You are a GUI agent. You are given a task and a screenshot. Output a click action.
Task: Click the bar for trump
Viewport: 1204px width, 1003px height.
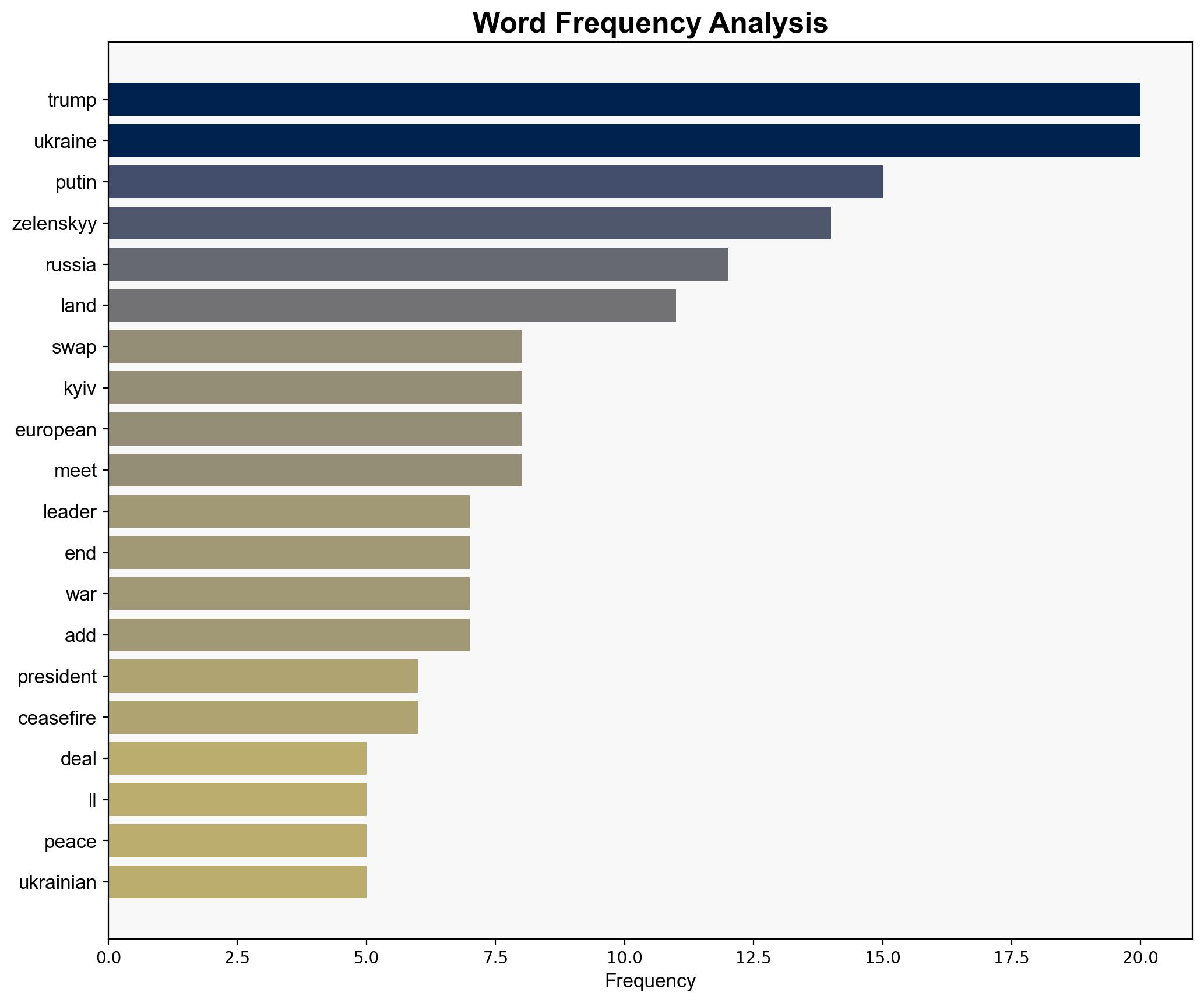pyautogui.click(x=624, y=100)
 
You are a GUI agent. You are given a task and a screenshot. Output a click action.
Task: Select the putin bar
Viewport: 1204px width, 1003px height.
pyautogui.click(x=495, y=182)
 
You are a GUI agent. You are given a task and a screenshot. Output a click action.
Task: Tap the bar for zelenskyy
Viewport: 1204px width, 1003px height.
pyautogui.click(x=469, y=223)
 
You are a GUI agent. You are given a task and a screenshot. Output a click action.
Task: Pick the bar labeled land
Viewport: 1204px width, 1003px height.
pyautogui.click(x=392, y=306)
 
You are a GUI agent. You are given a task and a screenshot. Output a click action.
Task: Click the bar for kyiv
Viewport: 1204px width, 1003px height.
pyautogui.click(x=315, y=388)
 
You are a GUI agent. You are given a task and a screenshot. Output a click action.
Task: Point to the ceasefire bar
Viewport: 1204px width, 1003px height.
pyautogui.click(x=263, y=718)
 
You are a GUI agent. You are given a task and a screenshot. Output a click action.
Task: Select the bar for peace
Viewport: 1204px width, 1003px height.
pyautogui.click(x=237, y=841)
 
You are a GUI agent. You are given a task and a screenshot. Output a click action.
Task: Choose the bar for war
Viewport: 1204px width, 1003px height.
pyautogui.click(x=288, y=594)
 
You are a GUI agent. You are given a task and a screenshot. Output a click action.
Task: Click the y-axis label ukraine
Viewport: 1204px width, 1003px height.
pyautogui.click(x=65, y=142)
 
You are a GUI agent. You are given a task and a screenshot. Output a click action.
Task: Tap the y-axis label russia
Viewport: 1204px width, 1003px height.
pyautogui.click(x=71, y=265)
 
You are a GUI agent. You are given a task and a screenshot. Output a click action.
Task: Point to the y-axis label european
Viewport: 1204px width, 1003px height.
pyautogui.click(x=55, y=430)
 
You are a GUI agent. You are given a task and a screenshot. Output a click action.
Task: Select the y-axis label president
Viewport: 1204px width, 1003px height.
pyautogui.click(x=57, y=677)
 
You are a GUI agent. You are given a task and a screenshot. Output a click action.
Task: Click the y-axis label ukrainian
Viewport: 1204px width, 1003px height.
pyautogui.click(x=57, y=882)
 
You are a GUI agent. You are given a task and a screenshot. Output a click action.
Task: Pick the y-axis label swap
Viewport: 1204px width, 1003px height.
pyautogui.click(x=74, y=347)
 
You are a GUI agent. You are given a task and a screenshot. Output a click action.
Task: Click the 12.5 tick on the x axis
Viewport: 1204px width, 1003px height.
pyautogui.click(x=754, y=958)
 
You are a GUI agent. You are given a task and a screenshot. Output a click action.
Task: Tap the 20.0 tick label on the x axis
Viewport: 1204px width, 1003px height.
pyautogui.click(x=1140, y=958)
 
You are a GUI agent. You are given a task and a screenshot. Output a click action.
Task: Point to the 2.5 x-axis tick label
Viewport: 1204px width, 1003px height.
pyautogui.click(x=237, y=958)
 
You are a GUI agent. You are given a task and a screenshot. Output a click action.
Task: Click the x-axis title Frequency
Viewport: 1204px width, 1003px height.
pyautogui.click(x=650, y=981)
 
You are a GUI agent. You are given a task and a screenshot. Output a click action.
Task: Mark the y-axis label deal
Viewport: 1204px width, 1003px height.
pyautogui.click(x=78, y=759)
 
